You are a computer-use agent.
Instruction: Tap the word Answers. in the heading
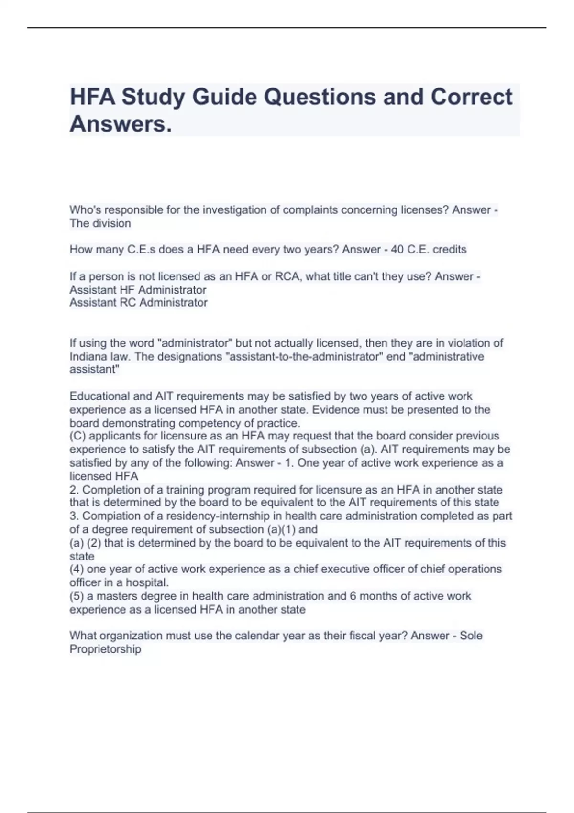pyautogui.click(x=121, y=124)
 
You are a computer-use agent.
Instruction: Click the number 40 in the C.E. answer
pyautogui.click(x=397, y=250)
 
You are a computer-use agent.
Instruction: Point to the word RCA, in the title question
pyautogui.click(x=288, y=276)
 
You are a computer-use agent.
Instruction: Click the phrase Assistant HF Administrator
pyautogui.click(x=138, y=290)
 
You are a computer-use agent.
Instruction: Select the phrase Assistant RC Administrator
pyautogui.click(x=138, y=303)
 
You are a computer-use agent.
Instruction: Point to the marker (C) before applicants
pyautogui.click(x=78, y=436)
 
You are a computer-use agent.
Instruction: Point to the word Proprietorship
pyautogui.click(x=105, y=649)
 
